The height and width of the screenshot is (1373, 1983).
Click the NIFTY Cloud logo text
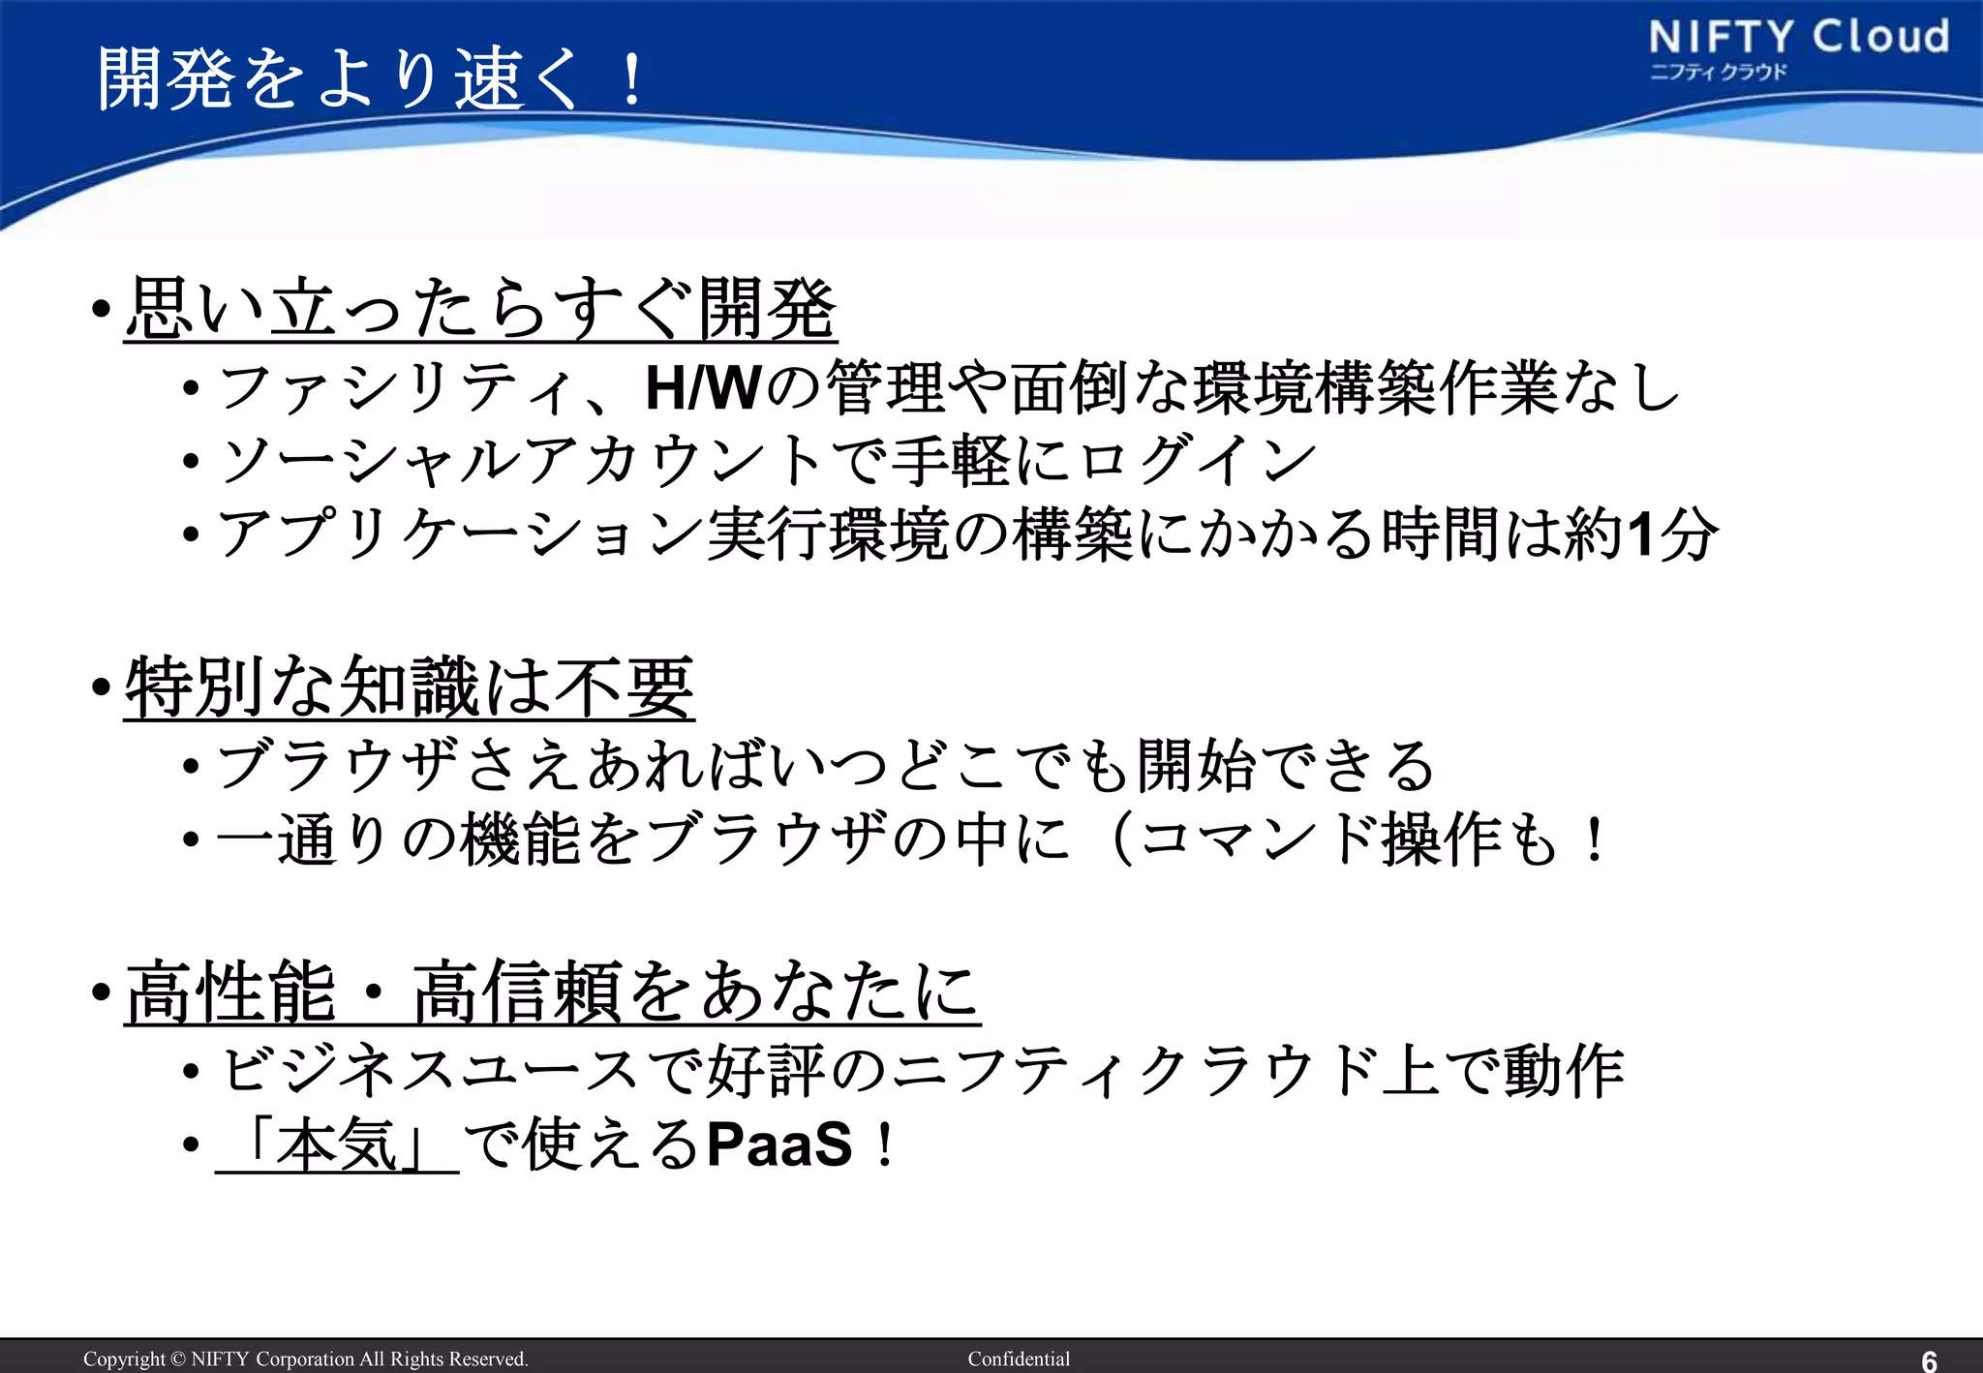[x=1798, y=37]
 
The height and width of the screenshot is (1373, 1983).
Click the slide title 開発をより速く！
[x=372, y=77]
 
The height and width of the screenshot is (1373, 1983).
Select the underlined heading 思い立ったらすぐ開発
[x=480, y=309]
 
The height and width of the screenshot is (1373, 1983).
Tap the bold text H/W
[x=702, y=388]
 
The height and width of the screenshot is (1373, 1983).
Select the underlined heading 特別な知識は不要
[x=410, y=686]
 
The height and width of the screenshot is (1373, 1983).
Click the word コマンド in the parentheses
[x=1259, y=839]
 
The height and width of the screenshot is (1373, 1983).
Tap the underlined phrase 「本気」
[x=337, y=1145]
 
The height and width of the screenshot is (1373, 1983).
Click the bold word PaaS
[x=779, y=1145]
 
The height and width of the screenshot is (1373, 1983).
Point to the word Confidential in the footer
[x=1019, y=1358]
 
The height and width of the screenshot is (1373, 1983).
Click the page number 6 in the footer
[x=1929, y=1360]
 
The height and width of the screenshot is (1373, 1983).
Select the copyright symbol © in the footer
[x=177, y=1358]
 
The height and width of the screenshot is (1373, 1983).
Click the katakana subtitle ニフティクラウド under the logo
[x=1718, y=73]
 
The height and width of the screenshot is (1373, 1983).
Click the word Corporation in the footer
[x=304, y=1358]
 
